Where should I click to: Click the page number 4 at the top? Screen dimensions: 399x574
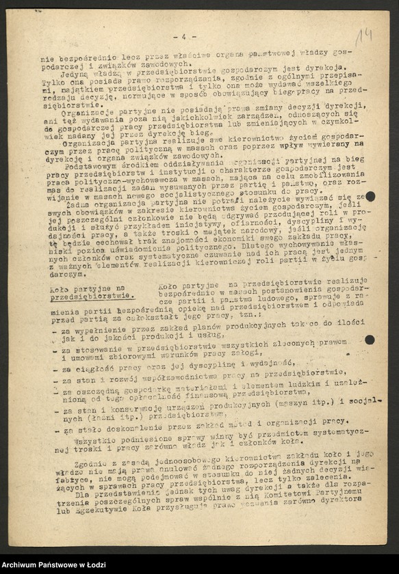(183, 36)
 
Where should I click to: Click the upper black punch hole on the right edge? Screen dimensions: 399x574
(370, 197)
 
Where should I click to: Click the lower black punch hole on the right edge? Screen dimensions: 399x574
(370, 340)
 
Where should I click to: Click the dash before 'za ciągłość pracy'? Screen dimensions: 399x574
(56, 369)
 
